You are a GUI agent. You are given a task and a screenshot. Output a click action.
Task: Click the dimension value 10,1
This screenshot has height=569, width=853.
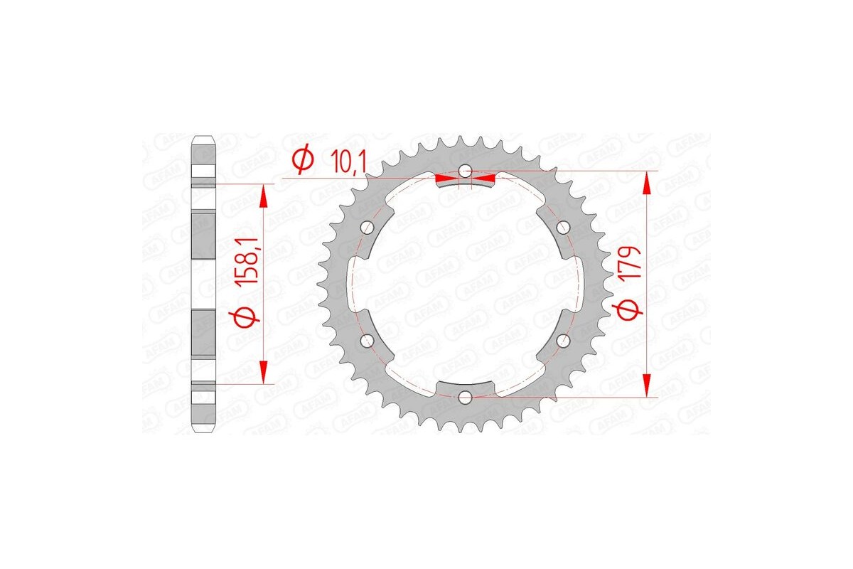[348, 163]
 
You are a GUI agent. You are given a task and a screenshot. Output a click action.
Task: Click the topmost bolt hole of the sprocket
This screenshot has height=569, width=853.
[465, 171]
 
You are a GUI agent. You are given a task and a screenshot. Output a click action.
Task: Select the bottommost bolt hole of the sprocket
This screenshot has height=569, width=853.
[465, 396]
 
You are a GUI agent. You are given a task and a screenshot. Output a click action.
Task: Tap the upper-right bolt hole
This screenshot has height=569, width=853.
[563, 227]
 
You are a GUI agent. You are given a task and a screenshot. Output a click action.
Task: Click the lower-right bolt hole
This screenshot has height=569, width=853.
[563, 341]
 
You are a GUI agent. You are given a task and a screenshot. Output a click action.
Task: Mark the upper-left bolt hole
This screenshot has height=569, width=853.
[368, 227]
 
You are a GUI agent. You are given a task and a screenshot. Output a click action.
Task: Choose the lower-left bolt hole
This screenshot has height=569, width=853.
[368, 341]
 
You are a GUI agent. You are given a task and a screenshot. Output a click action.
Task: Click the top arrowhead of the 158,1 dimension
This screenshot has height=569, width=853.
[264, 195]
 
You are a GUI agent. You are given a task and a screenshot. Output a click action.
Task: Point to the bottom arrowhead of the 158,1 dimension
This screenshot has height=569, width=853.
[264, 372]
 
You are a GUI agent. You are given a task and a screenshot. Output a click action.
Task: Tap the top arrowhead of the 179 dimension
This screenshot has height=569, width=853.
[646, 183]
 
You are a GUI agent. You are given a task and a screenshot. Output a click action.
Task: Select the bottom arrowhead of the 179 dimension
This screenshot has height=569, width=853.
[646, 385]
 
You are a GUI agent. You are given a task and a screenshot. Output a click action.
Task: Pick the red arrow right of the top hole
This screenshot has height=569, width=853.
[485, 175]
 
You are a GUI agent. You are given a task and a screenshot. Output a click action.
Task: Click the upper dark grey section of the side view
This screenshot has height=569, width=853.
[203, 235]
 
